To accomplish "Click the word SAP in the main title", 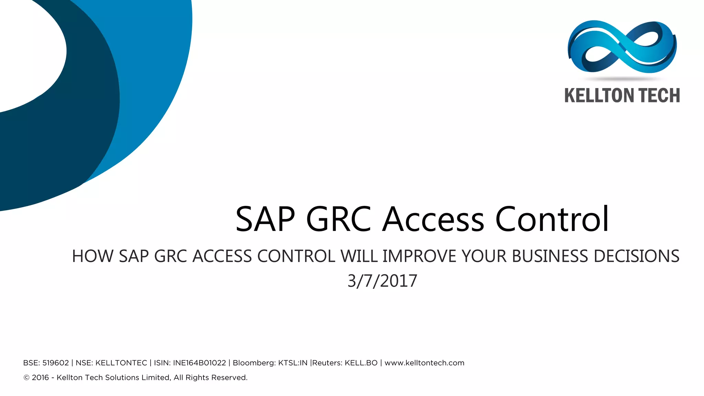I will point(265,219).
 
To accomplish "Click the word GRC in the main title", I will point(338,219).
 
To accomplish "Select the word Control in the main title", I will point(552,219).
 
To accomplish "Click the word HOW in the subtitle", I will point(92,256).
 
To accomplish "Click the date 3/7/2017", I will point(382,281).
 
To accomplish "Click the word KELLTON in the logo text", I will point(597,96).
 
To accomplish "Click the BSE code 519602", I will point(55,363).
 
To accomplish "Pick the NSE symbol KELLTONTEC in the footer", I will point(121,363).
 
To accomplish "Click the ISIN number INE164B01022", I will point(199,363).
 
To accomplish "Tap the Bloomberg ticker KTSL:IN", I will point(293,363).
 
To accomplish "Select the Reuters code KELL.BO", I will point(361,363).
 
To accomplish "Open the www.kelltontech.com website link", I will point(424,363).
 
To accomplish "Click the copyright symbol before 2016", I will point(26,378).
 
